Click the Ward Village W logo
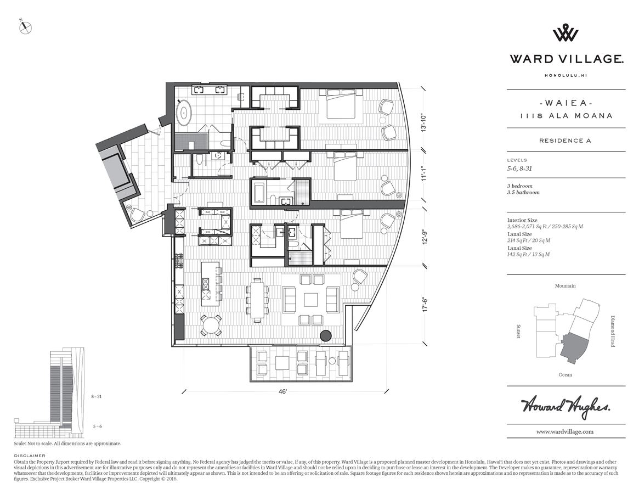pos(565,33)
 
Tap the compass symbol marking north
pos(26,27)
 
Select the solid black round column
pos(326,336)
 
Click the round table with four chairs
pos(211,324)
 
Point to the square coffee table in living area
pos(310,299)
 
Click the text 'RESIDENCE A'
pos(565,141)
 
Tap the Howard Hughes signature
pos(565,407)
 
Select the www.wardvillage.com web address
pos(565,432)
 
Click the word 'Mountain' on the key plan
pos(565,286)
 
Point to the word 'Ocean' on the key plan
pos(565,375)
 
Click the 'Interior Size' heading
pos(522,220)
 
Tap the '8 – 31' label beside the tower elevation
pos(97,396)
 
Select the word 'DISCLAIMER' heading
pos(30,456)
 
